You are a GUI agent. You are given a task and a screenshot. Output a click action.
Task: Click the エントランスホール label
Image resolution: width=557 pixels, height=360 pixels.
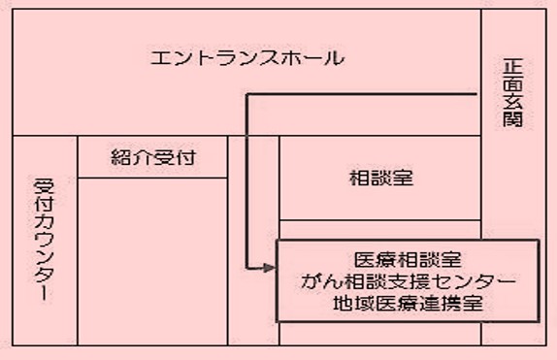pyautogui.click(x=247, y=58)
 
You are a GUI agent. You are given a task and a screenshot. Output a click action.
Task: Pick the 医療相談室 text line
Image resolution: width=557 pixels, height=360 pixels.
pyautogui.click(x=407, y=260)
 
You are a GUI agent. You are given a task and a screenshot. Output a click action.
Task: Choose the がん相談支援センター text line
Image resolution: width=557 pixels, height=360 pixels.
pyautogui.click(x=407, y=281)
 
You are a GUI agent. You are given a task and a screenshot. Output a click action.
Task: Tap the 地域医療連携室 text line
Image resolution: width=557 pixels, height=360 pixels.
pyautogui.click(x=407, y=303)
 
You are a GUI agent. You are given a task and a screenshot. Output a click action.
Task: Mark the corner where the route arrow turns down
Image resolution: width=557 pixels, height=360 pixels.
pyautogui.click(x=248, y=94)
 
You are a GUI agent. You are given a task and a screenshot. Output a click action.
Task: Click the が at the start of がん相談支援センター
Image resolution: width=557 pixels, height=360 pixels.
pyautogui.click(x=310, y=281)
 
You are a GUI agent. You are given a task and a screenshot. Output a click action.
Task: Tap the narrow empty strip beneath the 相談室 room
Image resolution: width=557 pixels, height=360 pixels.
pyautogui.click(x=379, y=230)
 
